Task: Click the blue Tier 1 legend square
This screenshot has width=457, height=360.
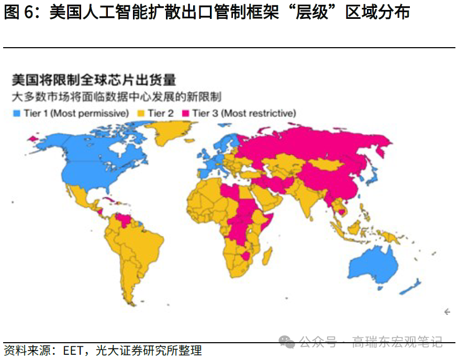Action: pyautogui.click(x=17, y=113)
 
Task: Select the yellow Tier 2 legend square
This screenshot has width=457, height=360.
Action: pyautogui.click(x=140, y=113)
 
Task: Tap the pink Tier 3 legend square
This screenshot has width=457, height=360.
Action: pyautogui.click(x=185, y=113)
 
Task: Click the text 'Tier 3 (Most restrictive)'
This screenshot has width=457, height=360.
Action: pyautogui.click(x=243, y=113)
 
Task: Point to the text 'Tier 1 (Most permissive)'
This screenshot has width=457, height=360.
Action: pyautogui.click(x=76, y=113)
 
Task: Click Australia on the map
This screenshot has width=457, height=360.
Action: pyautogui.click(x=375, y=265)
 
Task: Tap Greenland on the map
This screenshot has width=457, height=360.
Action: pyautogui.click(x=174, y=131)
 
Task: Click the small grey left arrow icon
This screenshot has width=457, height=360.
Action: pyautogui.click(x=447, y=312)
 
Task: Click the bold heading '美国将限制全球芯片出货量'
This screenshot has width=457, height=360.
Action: pyautogui.click(x=94, y=80)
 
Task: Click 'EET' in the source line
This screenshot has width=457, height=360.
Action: pyautogui.click(x=73, y=350)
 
